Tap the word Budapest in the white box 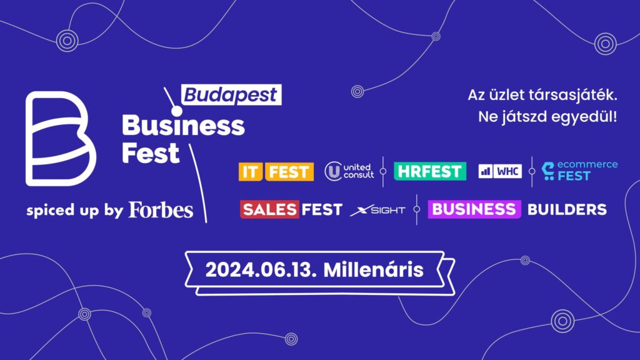pyautogui.click(x=231, y=95)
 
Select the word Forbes pyautogui.click(x=161, y=210)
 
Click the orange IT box pyautogui.click(x=250, y=171)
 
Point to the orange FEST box pyautogui.click(x=289, y=171)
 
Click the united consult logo pyautogui.click(x=349, y=171)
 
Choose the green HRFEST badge pyautogui.click(x=430, y=171)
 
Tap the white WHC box pyautogui.click(x=507, y=171)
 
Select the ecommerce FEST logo pyautogui.click(x=579, y=170)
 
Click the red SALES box pyautogui.click(x=269, y=209)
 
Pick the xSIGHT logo pyautogui.click(x=377, y=210)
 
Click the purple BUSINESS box pyautogui.click(x=474, y=209)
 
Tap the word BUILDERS pyautogui.click(x=567, y=209)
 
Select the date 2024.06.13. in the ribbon pyautogui.click(x=261, y=270)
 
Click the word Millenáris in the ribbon pyautogui.click(x=374, y=270)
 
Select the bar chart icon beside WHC pyautogui.click(x=485, y=171)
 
